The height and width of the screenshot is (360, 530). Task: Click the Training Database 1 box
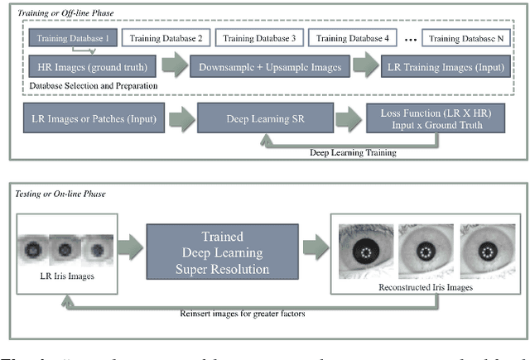pos(72,36)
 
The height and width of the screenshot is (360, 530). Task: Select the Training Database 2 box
pos(164,36)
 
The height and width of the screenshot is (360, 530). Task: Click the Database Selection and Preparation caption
pos(94,85)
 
